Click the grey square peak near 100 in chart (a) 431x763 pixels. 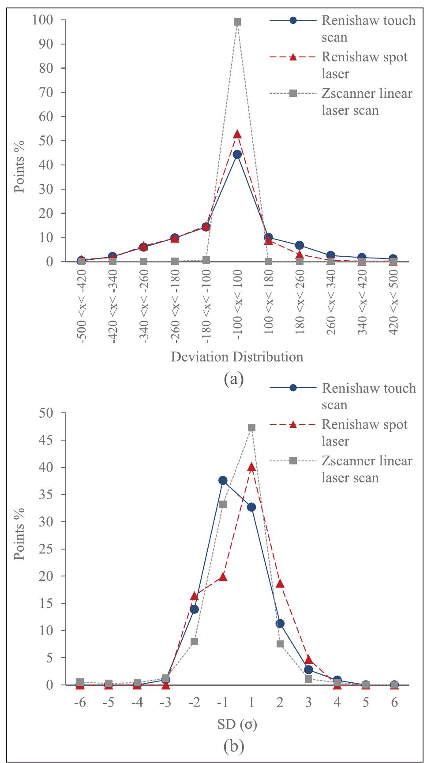(237, 22)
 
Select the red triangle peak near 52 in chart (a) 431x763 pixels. (237, 135)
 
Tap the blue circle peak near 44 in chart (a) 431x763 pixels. (237, 154)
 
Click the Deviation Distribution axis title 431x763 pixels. (237, 356)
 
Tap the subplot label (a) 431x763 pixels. (234, 379)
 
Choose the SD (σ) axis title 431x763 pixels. (237, 724)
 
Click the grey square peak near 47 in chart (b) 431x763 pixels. (251, 427)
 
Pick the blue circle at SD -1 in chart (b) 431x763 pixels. (223, 480)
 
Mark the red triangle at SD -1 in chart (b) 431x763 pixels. (223, 576)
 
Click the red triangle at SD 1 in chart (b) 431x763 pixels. (251, 467)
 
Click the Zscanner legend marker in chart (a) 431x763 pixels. (293, 93)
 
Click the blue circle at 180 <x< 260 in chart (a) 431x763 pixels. (300, 245)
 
